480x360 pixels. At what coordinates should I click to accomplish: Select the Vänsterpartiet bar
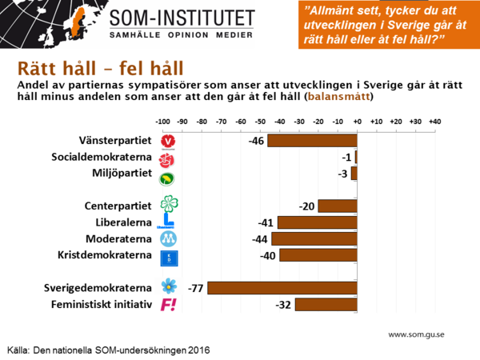312,141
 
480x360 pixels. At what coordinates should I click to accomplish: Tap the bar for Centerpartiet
337,206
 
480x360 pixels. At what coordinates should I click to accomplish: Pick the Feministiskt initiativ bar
326,305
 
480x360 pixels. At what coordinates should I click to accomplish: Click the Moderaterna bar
314,238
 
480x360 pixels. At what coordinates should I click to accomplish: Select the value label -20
306,206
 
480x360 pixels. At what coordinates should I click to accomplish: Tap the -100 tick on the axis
162,121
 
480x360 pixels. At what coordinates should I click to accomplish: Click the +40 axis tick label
434,121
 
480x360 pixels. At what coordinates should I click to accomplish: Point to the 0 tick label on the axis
357,121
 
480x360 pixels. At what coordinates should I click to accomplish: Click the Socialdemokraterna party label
102,157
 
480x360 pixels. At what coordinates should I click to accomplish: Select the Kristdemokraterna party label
104,256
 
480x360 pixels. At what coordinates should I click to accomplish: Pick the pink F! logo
168,305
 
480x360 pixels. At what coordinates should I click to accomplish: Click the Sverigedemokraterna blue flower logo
168,286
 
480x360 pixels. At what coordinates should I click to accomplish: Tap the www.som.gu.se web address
415,334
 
